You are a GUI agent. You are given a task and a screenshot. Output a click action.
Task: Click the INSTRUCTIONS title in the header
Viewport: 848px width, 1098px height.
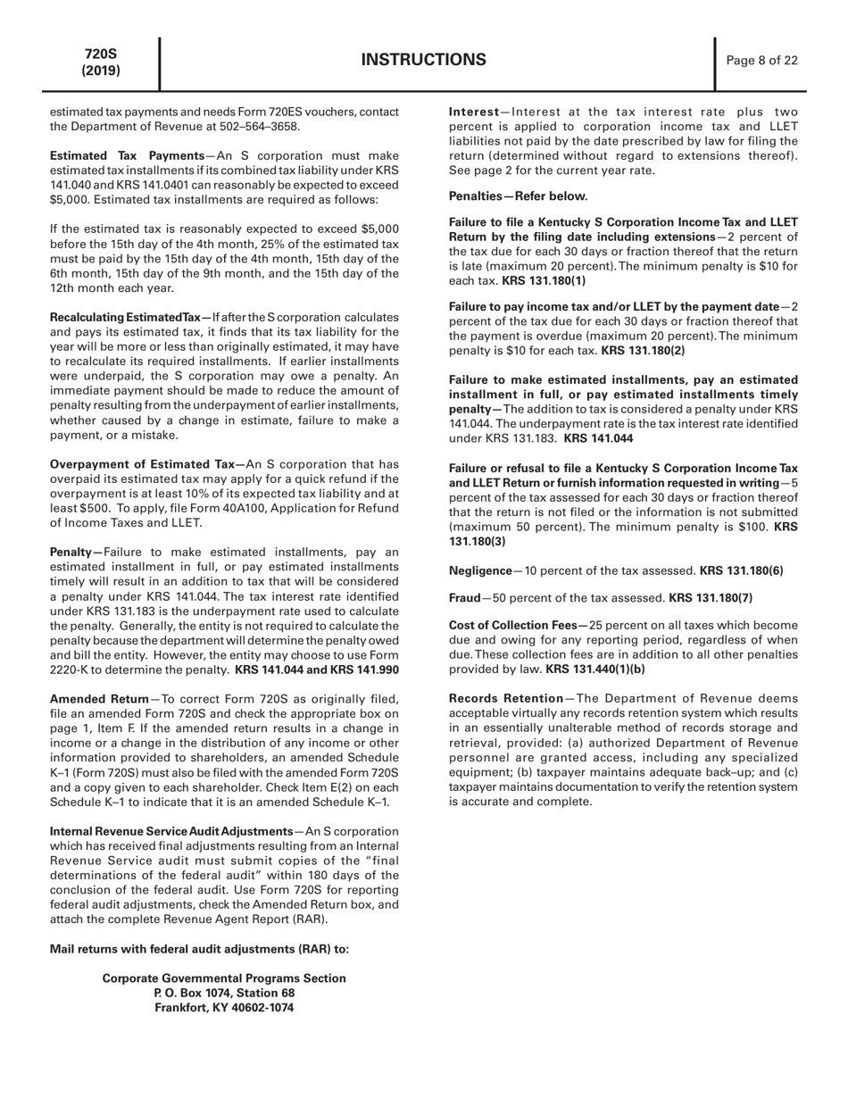click(x=424, y=61)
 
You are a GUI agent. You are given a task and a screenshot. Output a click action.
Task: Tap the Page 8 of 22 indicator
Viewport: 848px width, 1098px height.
click(x=761, y=61)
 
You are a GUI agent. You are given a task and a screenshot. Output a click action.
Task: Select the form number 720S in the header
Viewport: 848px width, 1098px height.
click(x=101, y=54)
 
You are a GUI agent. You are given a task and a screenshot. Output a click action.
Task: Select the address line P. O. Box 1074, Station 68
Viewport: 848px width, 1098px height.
click(x=224, y=993)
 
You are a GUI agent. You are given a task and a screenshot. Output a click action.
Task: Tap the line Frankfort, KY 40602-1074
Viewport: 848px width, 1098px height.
click(x=224, y=1007)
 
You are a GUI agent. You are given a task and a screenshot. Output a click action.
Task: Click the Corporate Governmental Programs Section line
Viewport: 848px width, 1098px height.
click(x=224, y=978)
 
